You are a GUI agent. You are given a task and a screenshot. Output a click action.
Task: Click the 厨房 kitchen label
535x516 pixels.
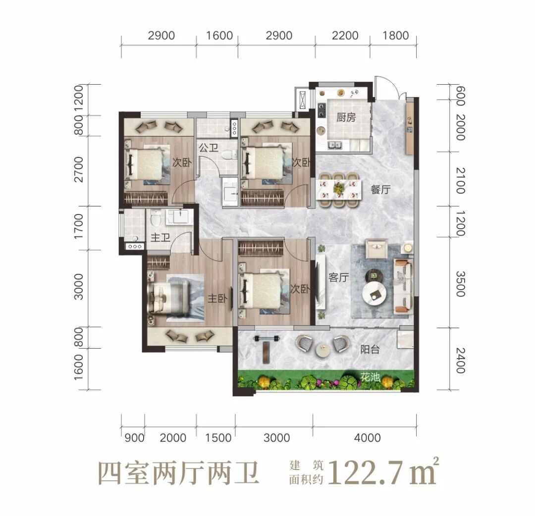(346, 118)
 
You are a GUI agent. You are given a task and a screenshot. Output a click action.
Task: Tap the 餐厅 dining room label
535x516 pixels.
(380, 189)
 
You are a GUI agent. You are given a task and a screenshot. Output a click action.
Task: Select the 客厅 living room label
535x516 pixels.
(338, 278)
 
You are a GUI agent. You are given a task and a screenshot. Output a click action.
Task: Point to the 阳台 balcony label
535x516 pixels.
(370, 349)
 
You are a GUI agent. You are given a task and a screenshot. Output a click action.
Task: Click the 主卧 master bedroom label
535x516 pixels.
(217, 299)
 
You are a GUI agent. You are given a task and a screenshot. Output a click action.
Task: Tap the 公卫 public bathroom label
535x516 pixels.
(209, 148)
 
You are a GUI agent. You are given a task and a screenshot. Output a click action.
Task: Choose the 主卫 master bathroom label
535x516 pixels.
(160, 237)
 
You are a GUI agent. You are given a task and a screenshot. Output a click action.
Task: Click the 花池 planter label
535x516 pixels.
(370, 377)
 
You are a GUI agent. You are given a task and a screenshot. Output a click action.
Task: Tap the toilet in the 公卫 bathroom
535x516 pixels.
(229, 155)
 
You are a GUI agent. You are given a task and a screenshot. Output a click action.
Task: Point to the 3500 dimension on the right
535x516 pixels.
(460, 284)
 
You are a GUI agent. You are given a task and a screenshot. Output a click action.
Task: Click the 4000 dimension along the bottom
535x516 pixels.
(367, 438)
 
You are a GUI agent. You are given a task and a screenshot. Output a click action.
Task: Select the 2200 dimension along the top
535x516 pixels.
(345, 36)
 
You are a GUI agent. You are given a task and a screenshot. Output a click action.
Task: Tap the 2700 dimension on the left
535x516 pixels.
(78, 169)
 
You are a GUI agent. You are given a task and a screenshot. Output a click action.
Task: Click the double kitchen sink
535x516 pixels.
(335, 145)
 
